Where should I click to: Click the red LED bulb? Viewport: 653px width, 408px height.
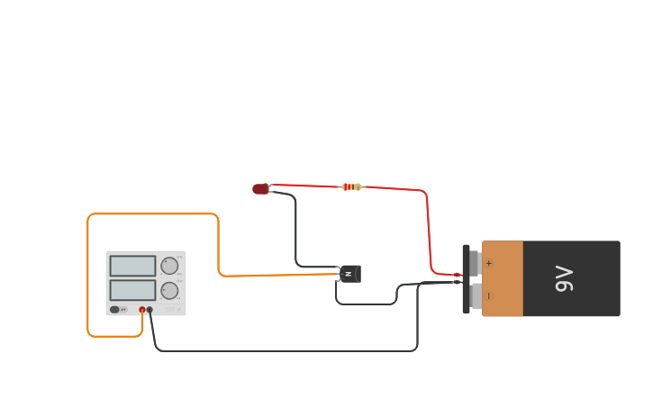pos(260,189)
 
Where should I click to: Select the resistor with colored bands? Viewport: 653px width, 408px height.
pos(351,187)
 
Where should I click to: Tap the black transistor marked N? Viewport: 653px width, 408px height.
pos(349,274)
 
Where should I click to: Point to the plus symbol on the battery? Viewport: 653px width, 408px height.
pos(489,263)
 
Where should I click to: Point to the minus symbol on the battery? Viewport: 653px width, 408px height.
pos(489,295)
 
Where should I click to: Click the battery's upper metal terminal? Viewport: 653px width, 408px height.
pos(475,263)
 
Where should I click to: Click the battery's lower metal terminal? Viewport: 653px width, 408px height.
pos(475,295)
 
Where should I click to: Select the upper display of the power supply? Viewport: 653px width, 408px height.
pos(132,266)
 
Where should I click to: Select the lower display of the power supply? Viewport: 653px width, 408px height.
pos(132,290)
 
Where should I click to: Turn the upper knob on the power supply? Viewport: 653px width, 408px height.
pos(169,266)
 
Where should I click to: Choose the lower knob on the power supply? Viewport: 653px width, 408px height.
pos(169,291)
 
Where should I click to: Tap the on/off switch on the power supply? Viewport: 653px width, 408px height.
pos(114,310)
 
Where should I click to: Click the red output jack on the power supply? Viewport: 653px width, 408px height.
pos(141,310)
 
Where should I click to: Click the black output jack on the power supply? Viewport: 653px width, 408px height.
pos(150,310)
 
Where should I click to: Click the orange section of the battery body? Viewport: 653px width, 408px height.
pos(503,279)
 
